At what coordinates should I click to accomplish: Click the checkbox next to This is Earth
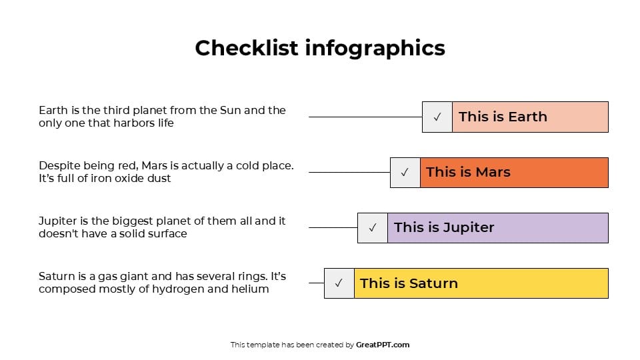pos(437,117)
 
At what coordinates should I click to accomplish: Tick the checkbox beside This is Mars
pos(405,172)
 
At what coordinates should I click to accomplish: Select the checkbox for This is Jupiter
pos(372,227)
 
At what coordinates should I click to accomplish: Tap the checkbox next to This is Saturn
pos(339,283)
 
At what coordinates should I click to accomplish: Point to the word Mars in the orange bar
pos(493,172)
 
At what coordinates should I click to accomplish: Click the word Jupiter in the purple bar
pos(469,227)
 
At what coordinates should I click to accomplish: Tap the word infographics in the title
pos(375,48)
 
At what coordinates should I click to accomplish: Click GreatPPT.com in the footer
pos(383,345)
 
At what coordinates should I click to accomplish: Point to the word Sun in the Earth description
pos(230,110)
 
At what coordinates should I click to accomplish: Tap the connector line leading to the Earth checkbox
pos(365,117)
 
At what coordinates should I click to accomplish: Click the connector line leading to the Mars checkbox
pos(349,172)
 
